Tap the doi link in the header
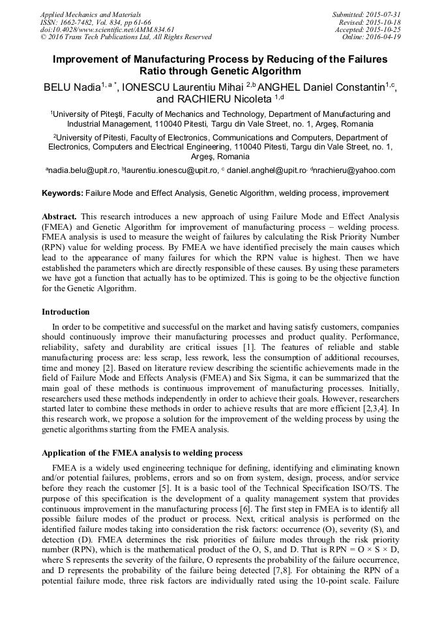pyautogui.click(x=107, y=29)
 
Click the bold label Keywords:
pyautogui.click(x=63, y=193)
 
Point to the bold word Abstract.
pyautogui.click(x=59, y=215)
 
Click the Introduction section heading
pyautogui.click(x=66, y=312)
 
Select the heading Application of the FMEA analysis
pyautogui.click(x=142, y=452)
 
